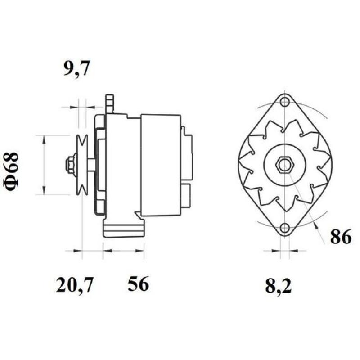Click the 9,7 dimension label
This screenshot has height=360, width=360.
pyautogui.click(x=77, y=69)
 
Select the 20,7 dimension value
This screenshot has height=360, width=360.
pyautogui.click(x=75, y=285)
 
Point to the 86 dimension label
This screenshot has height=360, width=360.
pyautogui.click(x=341, y=237)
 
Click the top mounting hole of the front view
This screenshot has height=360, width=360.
pyautogui.click(x=284, y=102)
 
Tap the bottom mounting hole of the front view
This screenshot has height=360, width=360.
pyautogui.click(x=284, y=229)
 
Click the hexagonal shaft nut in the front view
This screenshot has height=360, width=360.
pyautogui.click(x=284, y=165)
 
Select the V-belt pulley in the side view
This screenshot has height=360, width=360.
pyautogui.click(x=82, y=165)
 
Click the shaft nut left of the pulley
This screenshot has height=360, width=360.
pyautogui.click(x=70, y=165)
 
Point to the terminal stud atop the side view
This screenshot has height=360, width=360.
pyautogui.click(x=109, y=103)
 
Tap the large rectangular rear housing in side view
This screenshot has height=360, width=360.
pyautogui.click(x=161, y=165)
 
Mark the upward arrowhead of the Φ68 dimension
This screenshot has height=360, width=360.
pyautogui.click(x=44, y=140)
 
